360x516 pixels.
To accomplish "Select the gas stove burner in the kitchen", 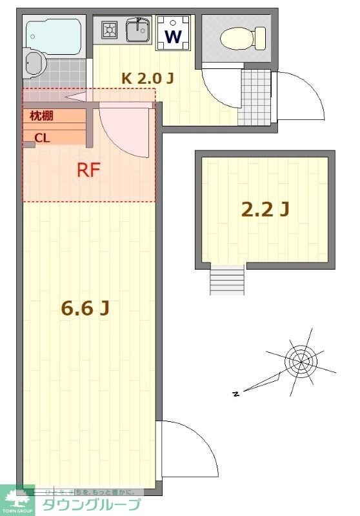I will [x=108, y=29].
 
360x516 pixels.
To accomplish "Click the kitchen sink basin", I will [x=137, y=29].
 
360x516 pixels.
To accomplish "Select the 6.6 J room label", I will [x=85, y=309].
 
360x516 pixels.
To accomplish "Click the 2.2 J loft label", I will [x=265, y=209].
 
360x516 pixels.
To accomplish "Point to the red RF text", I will [x=88, y=170].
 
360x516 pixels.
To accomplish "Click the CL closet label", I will [x=42, y=137].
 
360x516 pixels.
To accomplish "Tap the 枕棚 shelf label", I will [x=41, y=116].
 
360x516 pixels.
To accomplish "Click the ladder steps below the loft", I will [x=227, y=280].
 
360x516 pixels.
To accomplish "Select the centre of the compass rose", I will [x=300, y=359].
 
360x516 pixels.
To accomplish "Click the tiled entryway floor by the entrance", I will [x=255, y=97].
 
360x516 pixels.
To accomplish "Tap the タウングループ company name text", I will [x=92, y=504].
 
